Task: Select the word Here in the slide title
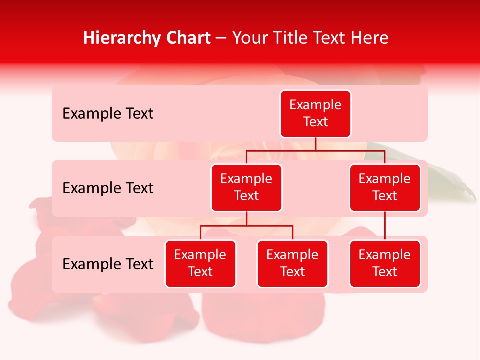[370, 38]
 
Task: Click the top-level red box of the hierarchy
[315, 114]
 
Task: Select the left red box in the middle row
[246, 188]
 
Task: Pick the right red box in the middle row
[385, 188]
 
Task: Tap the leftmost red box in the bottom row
[200, 264]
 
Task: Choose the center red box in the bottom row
[292, 264]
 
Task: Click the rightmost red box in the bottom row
[385, 264]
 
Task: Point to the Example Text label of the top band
[108, 114]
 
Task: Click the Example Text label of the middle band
[108, 188]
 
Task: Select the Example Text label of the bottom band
[108, 264]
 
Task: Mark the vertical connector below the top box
[315, 144]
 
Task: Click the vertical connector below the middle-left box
[246, 219]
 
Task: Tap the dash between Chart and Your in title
[221, 39]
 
